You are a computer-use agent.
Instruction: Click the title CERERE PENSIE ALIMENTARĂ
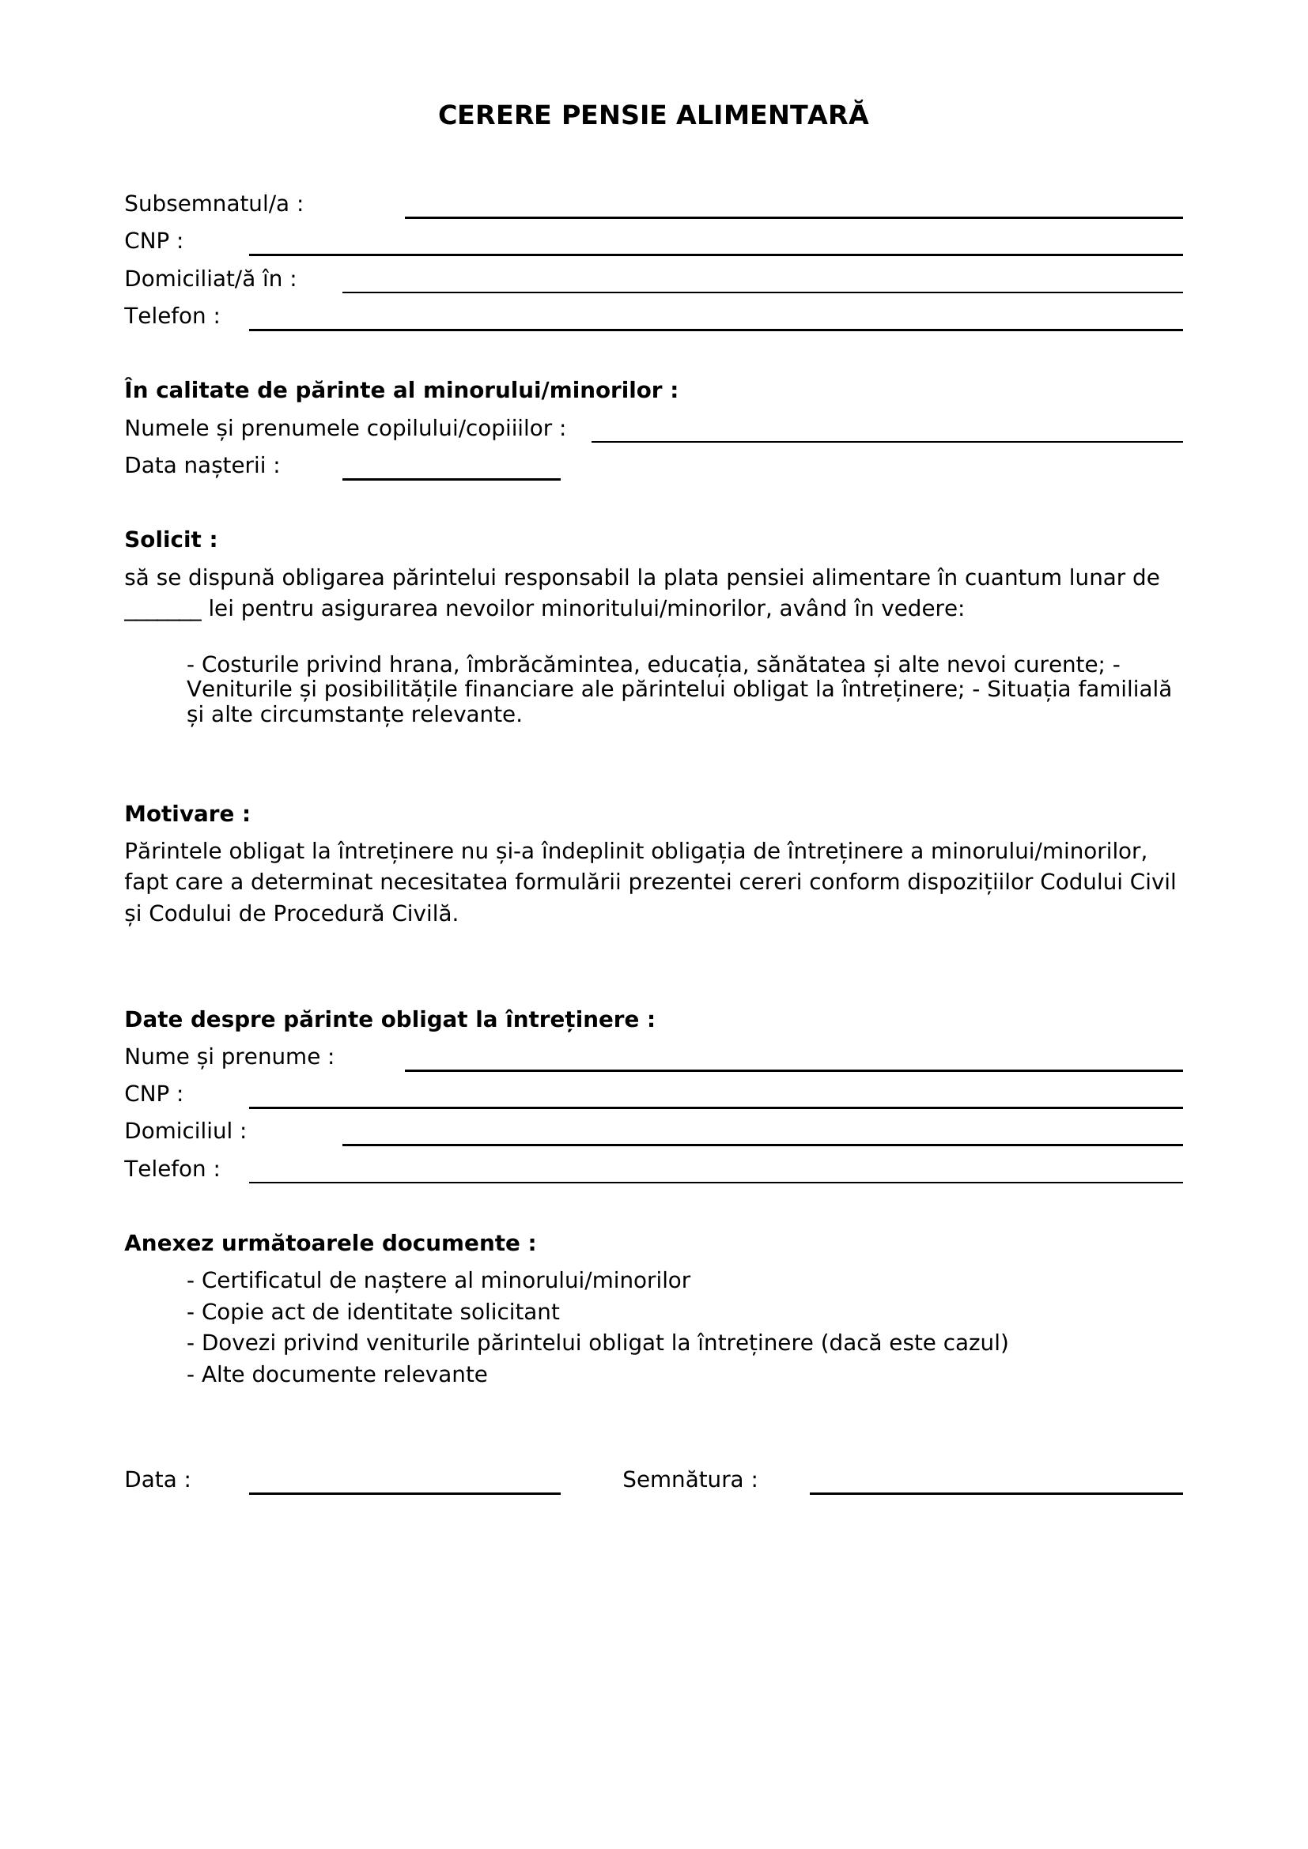coord(653,116)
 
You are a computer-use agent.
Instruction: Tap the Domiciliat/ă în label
coord(210,278)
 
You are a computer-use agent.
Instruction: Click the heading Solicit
coord(171,540)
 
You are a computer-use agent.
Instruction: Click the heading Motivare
coord(187,814)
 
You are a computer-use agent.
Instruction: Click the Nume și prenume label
coord(229,1057)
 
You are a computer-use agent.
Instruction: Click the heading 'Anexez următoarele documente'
coord(331,1243)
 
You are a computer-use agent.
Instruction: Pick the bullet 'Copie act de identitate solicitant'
coord(373,1312)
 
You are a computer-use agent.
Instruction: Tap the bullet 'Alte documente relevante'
coord(337,1374)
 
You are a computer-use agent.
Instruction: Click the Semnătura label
coord(690,1479)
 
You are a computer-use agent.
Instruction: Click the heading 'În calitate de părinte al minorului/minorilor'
coord(401,391)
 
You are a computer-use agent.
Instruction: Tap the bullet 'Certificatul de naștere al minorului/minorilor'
coord(438,1281)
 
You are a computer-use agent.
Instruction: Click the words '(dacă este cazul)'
coord(914,1342)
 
